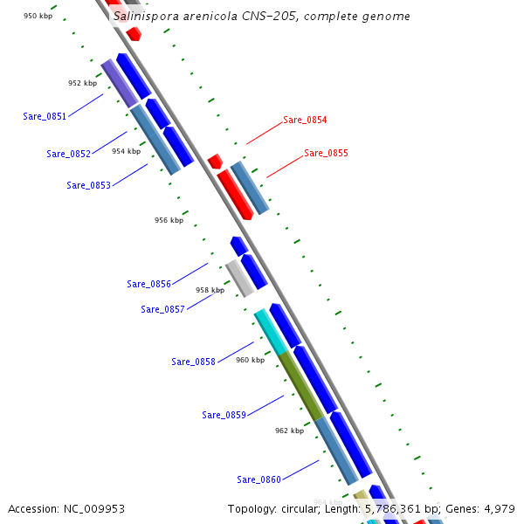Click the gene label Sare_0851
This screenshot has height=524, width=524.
pos(45,116)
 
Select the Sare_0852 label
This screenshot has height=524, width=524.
pos(68,154)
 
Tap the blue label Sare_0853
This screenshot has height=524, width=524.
pos(88,185)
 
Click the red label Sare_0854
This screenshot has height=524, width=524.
pos(305,121)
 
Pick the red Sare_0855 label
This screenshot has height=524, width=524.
pos(326,154)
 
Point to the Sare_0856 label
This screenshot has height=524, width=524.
pos(148,284)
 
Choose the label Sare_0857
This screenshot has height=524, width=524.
pos(162,309)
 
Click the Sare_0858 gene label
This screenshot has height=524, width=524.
pos(193,362)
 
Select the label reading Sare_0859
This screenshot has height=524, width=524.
pos(224,415)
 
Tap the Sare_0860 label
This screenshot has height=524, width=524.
pos(259,479)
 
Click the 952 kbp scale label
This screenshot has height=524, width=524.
pos(82,84)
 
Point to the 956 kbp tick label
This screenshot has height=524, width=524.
pos(169,221)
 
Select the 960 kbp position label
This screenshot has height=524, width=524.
pos(250,360)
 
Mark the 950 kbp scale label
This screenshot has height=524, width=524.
pos(38,16)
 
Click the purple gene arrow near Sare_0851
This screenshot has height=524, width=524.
pos(120,83)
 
